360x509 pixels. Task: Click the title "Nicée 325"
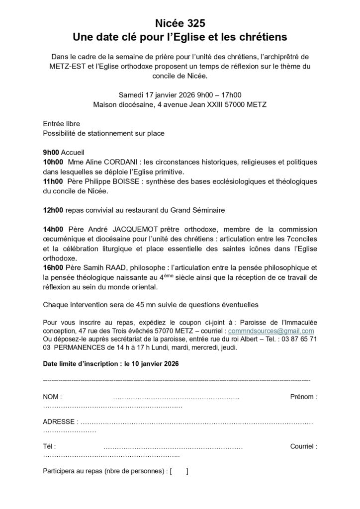[180, 23]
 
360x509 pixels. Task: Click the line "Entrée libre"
[61, 124]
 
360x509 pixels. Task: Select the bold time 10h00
[53, 162]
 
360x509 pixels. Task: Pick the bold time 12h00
[53, 210]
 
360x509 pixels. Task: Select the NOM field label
[52, 397]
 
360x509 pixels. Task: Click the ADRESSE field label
[60, 422]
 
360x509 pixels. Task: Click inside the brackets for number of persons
[179, 471]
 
